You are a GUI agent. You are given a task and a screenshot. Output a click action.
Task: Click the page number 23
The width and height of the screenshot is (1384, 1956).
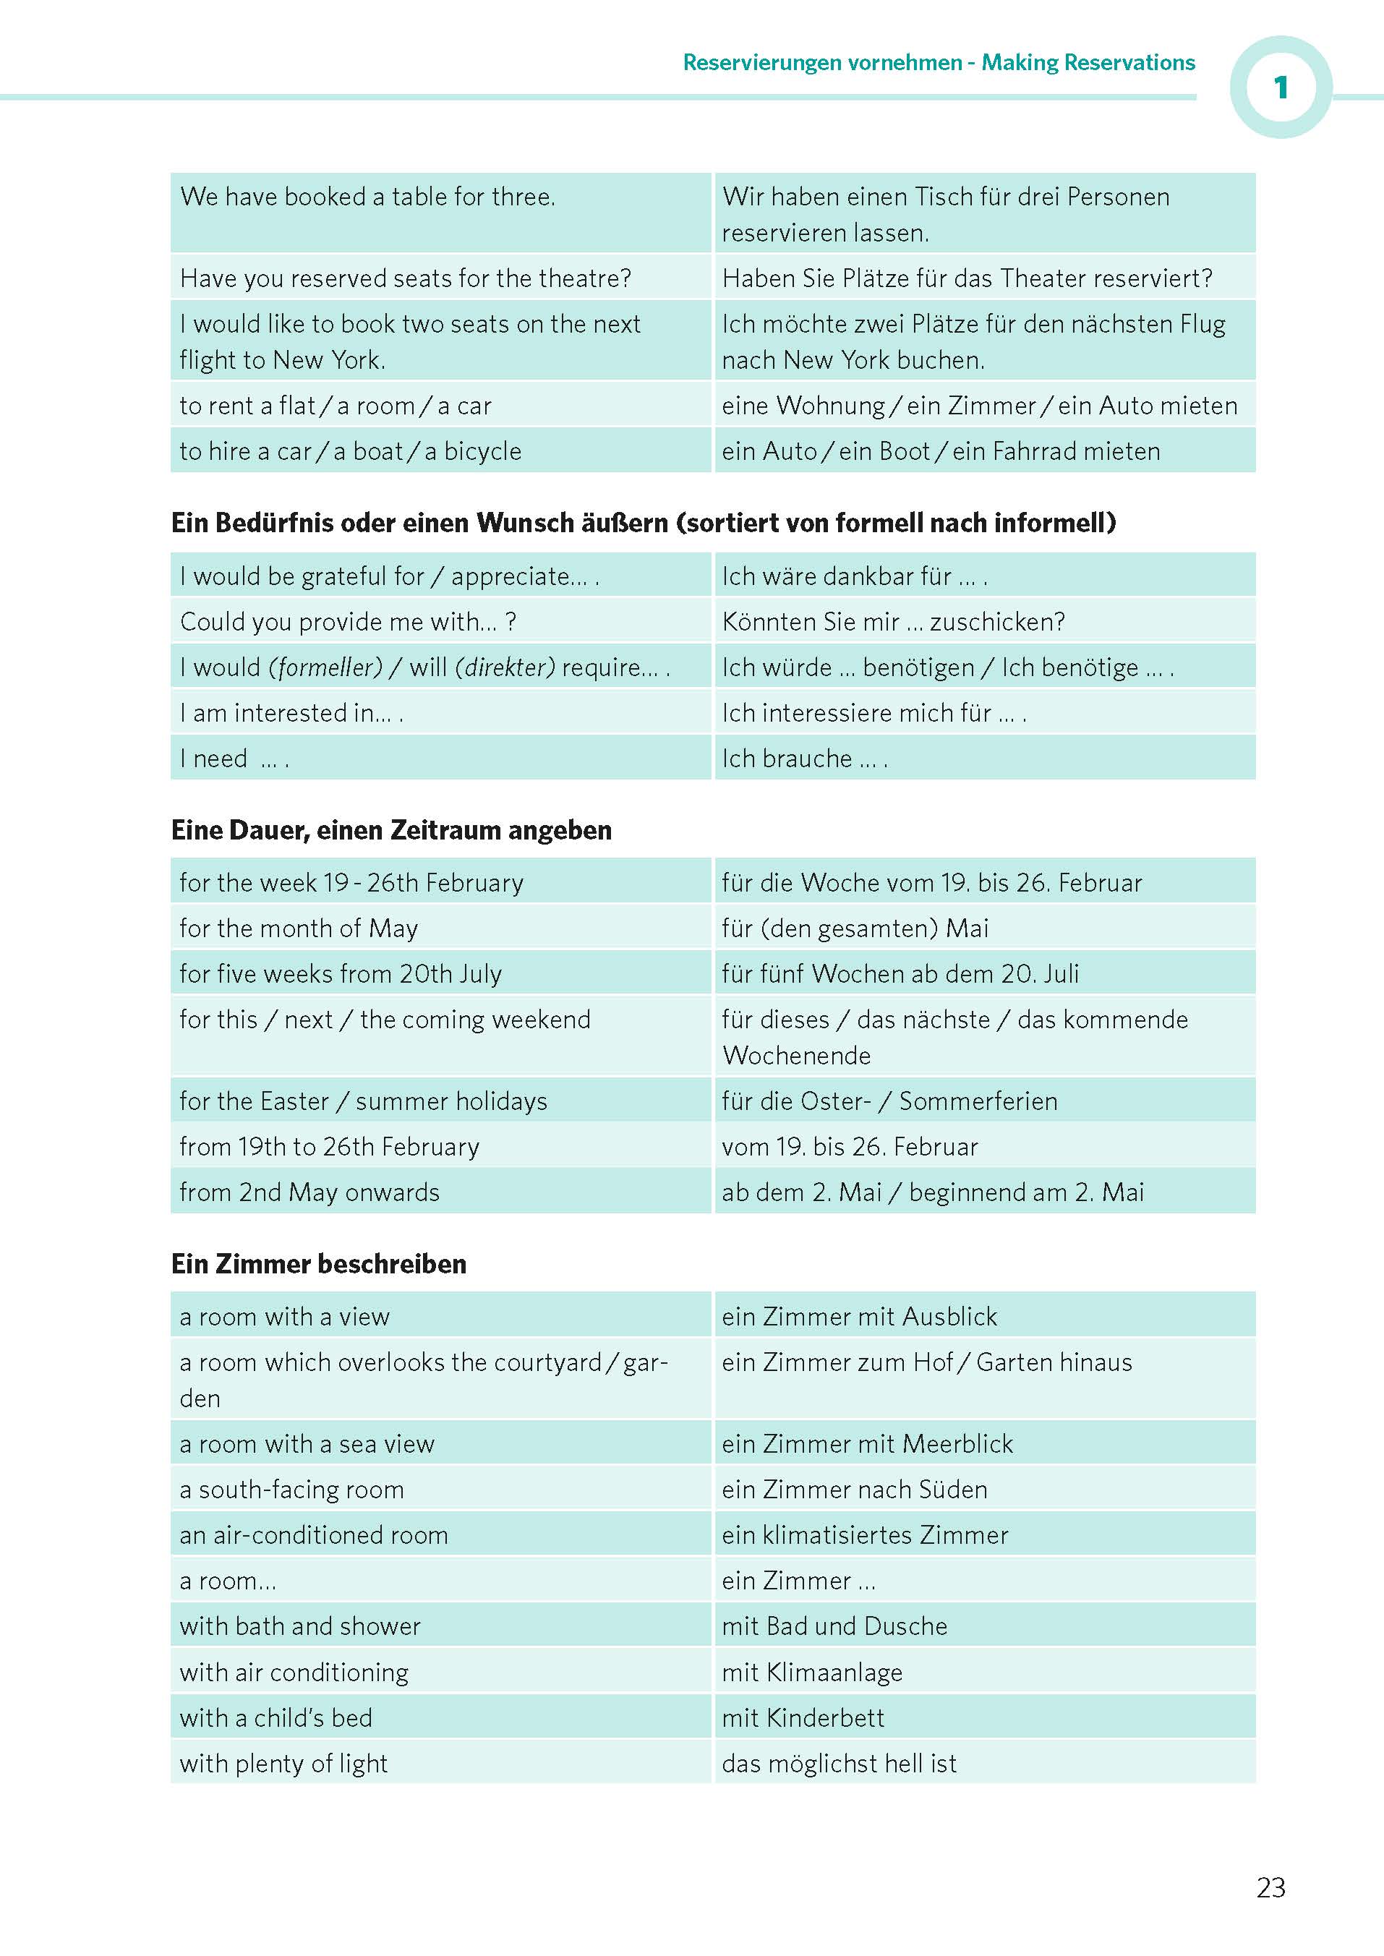coord(1270,1887)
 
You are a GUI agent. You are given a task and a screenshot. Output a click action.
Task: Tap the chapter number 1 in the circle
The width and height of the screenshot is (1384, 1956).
coord(1280,87)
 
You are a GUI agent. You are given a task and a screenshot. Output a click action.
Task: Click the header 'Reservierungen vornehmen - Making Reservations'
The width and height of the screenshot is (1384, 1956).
coord(939,62)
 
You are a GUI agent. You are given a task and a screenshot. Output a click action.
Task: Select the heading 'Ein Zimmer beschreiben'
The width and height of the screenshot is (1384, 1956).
coord(319,1263)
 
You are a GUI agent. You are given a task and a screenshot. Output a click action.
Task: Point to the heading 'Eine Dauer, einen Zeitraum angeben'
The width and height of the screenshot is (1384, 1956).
coord(391,829)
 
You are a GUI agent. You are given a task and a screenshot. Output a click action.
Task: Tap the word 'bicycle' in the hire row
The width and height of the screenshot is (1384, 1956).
coord(482,451)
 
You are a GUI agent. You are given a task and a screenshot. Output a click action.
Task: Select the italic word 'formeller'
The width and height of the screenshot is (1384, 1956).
coord(325,667)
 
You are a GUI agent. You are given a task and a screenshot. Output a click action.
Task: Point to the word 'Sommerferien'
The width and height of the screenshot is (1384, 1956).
coord(978,1101)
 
